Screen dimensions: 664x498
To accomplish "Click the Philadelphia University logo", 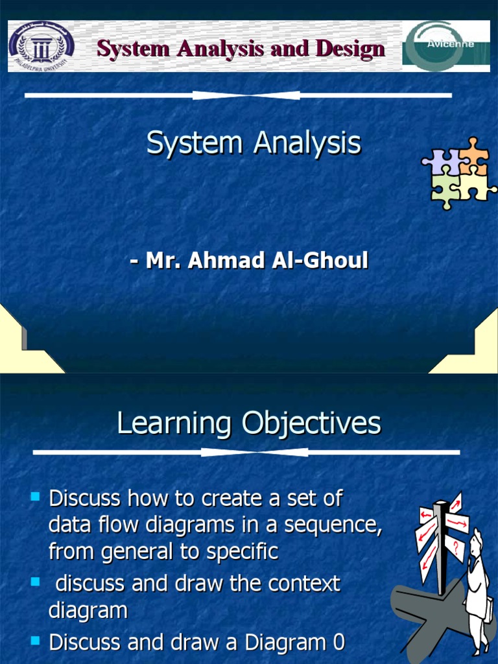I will pyautogui.click(x=41, y=45).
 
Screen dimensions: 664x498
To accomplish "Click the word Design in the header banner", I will pyautogui.click(x=350, y=49).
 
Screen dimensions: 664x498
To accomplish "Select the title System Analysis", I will pyautogui.click(x=253, y=143).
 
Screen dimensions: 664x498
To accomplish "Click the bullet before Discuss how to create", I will pyautogui.click(x=35, y=497).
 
